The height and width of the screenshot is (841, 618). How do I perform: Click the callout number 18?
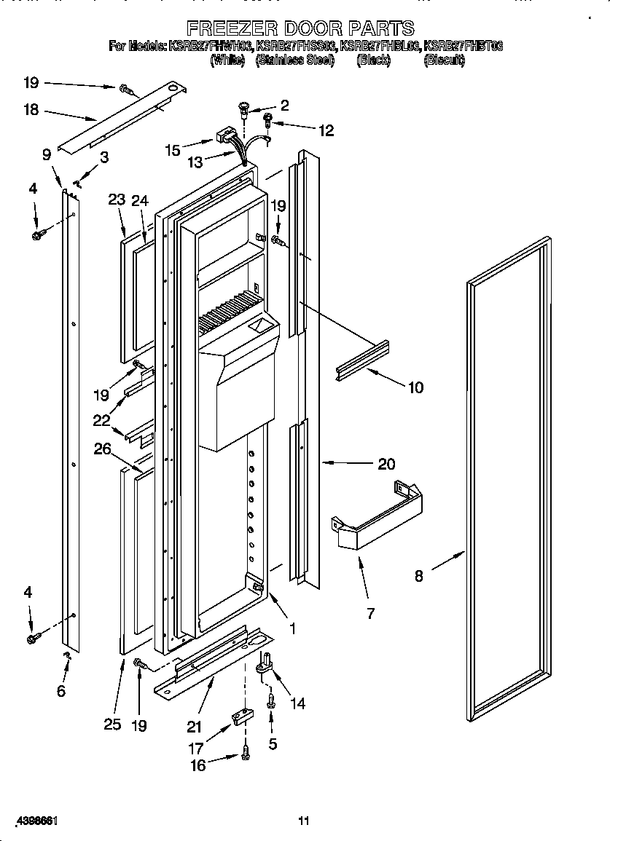(31, 111)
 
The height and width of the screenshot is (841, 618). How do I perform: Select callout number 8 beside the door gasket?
(419, 575)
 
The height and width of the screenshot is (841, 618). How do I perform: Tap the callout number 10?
(415, 387)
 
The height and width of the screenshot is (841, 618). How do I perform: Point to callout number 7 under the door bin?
(370, 613)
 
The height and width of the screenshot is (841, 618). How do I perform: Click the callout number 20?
(386, 463)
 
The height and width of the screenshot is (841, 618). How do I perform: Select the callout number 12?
(326, 130)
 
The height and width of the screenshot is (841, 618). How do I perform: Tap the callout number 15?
(173, 150)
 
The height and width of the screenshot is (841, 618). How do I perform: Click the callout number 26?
(102, 449)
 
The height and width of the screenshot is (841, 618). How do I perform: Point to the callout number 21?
(193, 726)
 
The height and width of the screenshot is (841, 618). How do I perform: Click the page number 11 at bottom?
(304, 821)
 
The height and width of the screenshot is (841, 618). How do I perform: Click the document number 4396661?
(31, 821)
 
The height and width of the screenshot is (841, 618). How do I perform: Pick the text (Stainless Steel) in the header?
(294, 61)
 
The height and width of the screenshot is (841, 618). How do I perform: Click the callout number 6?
(61, 690)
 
